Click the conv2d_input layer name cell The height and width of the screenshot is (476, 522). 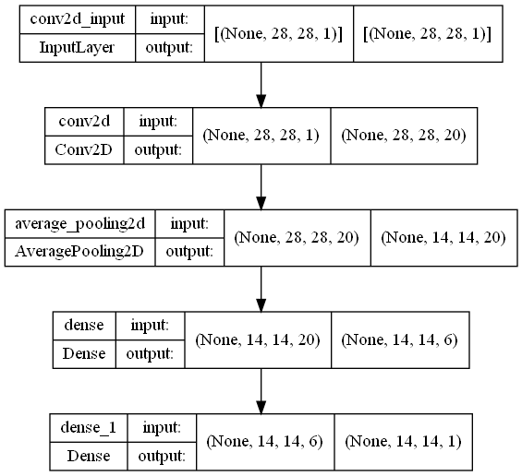(x=78, y=19)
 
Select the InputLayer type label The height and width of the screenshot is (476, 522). (x=77, y=48)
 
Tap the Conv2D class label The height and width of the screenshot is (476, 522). (x=84, y=150)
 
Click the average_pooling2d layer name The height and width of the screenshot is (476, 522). (x=79, y=224)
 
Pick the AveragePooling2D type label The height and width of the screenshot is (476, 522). (x=79, y=252)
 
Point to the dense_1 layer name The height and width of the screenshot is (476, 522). (x=89, y=428)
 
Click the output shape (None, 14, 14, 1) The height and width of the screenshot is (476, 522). (x=403, y=442)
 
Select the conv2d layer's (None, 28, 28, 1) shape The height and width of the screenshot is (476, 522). (x=261, y=136)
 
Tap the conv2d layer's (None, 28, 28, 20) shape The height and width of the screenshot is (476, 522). (x=404, y=136)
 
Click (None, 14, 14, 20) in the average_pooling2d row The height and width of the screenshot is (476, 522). (x=443, y=238)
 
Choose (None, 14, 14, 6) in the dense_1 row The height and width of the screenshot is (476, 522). (x=264, y=442)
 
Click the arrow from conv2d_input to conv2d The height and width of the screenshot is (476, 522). (x=261, y=85)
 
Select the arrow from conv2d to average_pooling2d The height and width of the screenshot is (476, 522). (x=261, y=187)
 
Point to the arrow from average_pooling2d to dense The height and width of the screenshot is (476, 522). (x=261, y=289)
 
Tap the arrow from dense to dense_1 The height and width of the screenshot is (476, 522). (x=261, y=391)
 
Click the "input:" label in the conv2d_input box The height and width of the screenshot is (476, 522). (x=169, y=19)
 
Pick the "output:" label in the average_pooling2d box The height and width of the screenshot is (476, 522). (x=189, y=252)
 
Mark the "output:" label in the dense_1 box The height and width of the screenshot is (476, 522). (x=162, y=456)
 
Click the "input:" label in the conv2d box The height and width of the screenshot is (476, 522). (x=158, y=122)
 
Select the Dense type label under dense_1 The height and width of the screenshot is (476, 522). (x=89, y=456)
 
